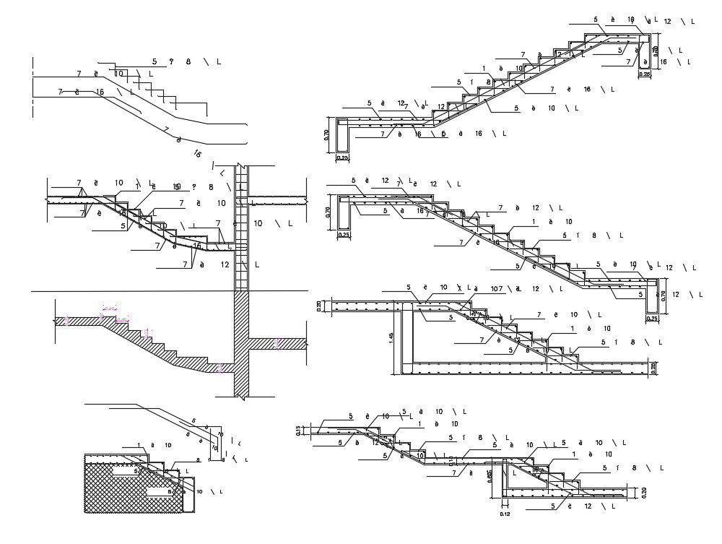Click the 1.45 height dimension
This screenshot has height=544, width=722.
(391, 337)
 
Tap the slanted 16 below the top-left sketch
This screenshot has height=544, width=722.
(197, 153)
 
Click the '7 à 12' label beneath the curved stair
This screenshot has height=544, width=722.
(205, 265)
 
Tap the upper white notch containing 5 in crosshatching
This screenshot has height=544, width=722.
(129, 470)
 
